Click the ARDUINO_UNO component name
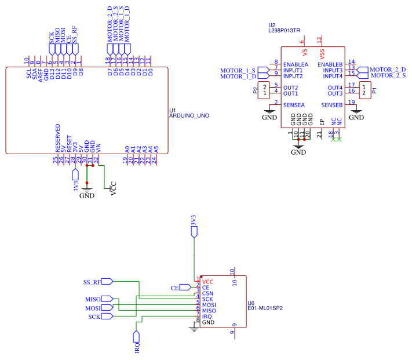tap(189, 116)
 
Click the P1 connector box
tap(363, 90)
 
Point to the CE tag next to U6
tap(175, 288)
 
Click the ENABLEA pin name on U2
tap(296, 64)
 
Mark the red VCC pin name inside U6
tap(208, 281)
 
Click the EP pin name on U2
tap(322, 122)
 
